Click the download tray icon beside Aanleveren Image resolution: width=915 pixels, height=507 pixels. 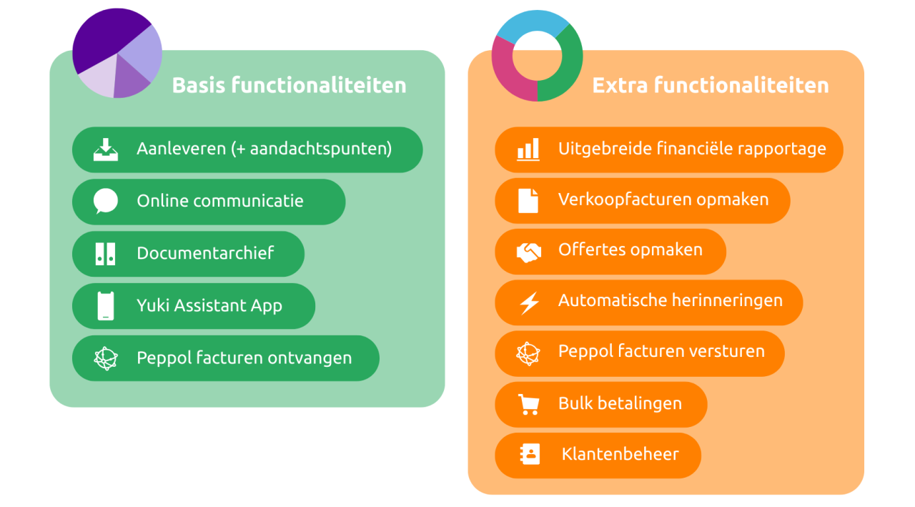(106, 149)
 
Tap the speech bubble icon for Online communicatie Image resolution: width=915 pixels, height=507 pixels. (106, 201)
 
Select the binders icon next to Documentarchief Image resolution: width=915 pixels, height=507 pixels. (105, 254)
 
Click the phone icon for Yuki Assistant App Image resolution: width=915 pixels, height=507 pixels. (106, 305)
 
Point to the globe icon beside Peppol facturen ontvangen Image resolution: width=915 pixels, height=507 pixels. (106, 358)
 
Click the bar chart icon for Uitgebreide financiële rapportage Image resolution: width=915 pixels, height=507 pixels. (528, 149)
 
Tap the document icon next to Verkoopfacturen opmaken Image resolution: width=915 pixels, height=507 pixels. (528, 201)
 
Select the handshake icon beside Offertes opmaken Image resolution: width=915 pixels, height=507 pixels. (528, 252)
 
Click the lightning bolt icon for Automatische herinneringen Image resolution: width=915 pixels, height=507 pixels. (530, 302)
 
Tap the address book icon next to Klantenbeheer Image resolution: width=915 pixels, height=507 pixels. (530, 454)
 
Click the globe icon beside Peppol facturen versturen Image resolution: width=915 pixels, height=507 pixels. (528, 353)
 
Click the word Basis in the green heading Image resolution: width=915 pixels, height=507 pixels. (199, 85)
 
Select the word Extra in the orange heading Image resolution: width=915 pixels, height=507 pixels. (620, 85)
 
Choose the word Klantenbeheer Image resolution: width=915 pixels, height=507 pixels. (620, 454)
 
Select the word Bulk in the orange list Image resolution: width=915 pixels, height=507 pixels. (576, 403)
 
